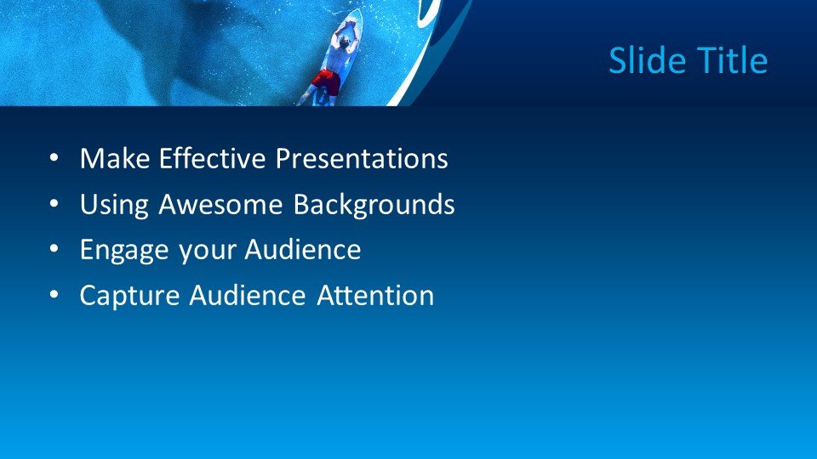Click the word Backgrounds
pyautogui.click(x=374, y=206)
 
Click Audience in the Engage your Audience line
pyautogui.click(x=303, y=250)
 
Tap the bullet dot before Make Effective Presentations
pyautogui.click(x=54, y=159)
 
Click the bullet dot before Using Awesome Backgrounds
pyautogui.click(x=54, y=205)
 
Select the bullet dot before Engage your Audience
pyautogui.click(x=54, y=250)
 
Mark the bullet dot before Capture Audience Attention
pyautogui.click(x=54, y=296)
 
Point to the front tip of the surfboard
pyautogui.click(x=358, y=12)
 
